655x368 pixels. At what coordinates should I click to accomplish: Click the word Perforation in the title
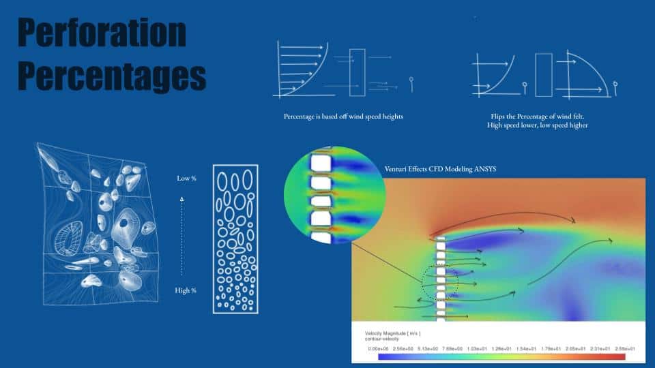(x=102, y=33)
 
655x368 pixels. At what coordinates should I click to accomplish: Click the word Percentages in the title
(x=112, y=76)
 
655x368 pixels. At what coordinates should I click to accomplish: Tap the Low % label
(x=186, y=178)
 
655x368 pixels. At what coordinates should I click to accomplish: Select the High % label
(x=186, y=290)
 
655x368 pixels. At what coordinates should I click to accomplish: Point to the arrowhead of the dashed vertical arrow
(x=181, y=200)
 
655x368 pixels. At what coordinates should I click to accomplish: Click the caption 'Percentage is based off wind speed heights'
(x=343, y=117)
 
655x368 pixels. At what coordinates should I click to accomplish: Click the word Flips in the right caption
(x=497, y=117)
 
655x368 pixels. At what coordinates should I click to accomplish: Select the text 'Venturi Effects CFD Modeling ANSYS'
(x=440, y=169)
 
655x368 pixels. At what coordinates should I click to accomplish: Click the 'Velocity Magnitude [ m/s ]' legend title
(x=393, y=333)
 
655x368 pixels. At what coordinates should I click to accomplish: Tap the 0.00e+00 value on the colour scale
(x=379, y=348)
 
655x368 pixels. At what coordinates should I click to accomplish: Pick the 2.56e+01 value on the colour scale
(x=625, y=348)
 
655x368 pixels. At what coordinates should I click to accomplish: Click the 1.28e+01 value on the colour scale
(x=501, y=348)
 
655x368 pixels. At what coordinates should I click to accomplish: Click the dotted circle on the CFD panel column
(x=422, y=283)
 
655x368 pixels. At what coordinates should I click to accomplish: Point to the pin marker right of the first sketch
(x=411, y=83)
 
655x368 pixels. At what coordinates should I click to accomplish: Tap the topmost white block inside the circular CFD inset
(x=321, y=163)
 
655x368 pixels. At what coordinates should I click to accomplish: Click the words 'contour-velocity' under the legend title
(x=382, y=339)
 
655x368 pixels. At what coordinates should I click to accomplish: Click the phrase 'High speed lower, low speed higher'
(x=537, y=125)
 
